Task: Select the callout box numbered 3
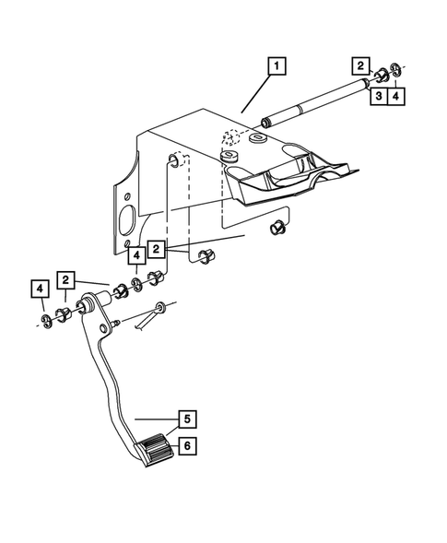click(x=378, y=94)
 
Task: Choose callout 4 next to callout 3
click(x=395, y=94)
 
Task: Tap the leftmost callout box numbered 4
click(x=40, y=290)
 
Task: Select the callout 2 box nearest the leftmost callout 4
click(x=66, y=278)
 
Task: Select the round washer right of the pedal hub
click(x=161, y=306)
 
